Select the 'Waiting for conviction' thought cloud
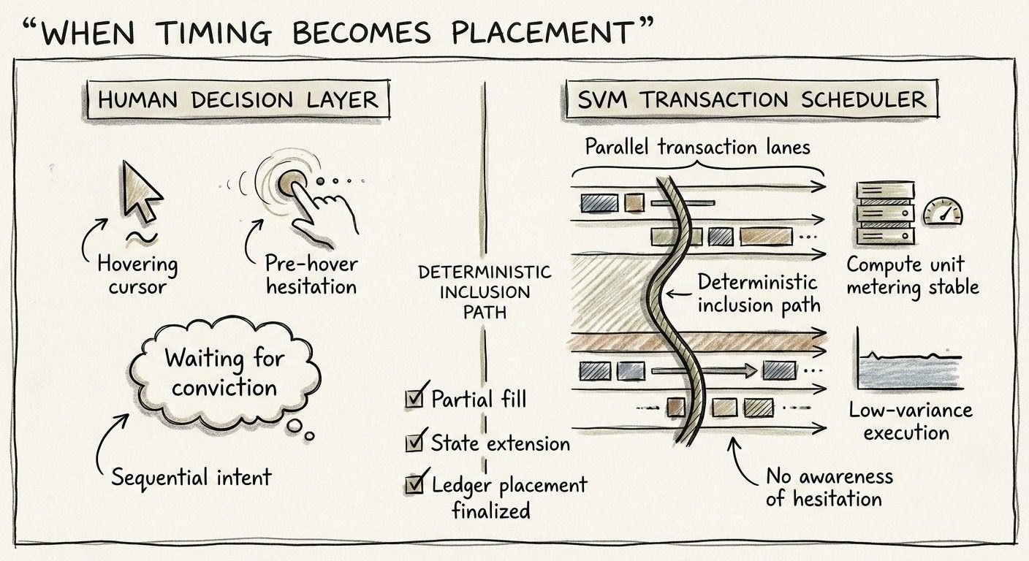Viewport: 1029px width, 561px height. pyautogui.click(x=224, y=373)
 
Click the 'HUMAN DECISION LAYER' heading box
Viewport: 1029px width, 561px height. pyautogui.click(x=238, y=101)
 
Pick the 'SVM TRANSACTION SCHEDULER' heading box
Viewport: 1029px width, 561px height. pyautogui.click(x=751, y=100)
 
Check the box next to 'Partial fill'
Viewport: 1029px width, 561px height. pyautogui.click(x=414, y=399)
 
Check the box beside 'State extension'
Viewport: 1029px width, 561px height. pyautogui.click(x=414, y=442)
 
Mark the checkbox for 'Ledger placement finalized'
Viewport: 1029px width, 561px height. pyautogui.click(x=414, y=484)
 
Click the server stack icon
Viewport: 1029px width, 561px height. pyautogui.click(x=885, y=213)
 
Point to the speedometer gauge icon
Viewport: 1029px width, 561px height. pyautogui.click(x=943, y=211)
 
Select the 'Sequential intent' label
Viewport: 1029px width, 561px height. pyautogui.click(x=191, y=478)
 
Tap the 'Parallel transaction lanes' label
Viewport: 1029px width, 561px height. pyautogui.click(x=697, y=147)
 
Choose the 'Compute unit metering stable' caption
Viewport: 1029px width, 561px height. pyautogui.click(x=912, y=275)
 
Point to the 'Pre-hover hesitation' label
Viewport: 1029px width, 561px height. pyautogui.click(x=311, y=274)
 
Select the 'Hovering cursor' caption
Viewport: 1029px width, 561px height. pyautogui.click(x=137, y=275)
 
